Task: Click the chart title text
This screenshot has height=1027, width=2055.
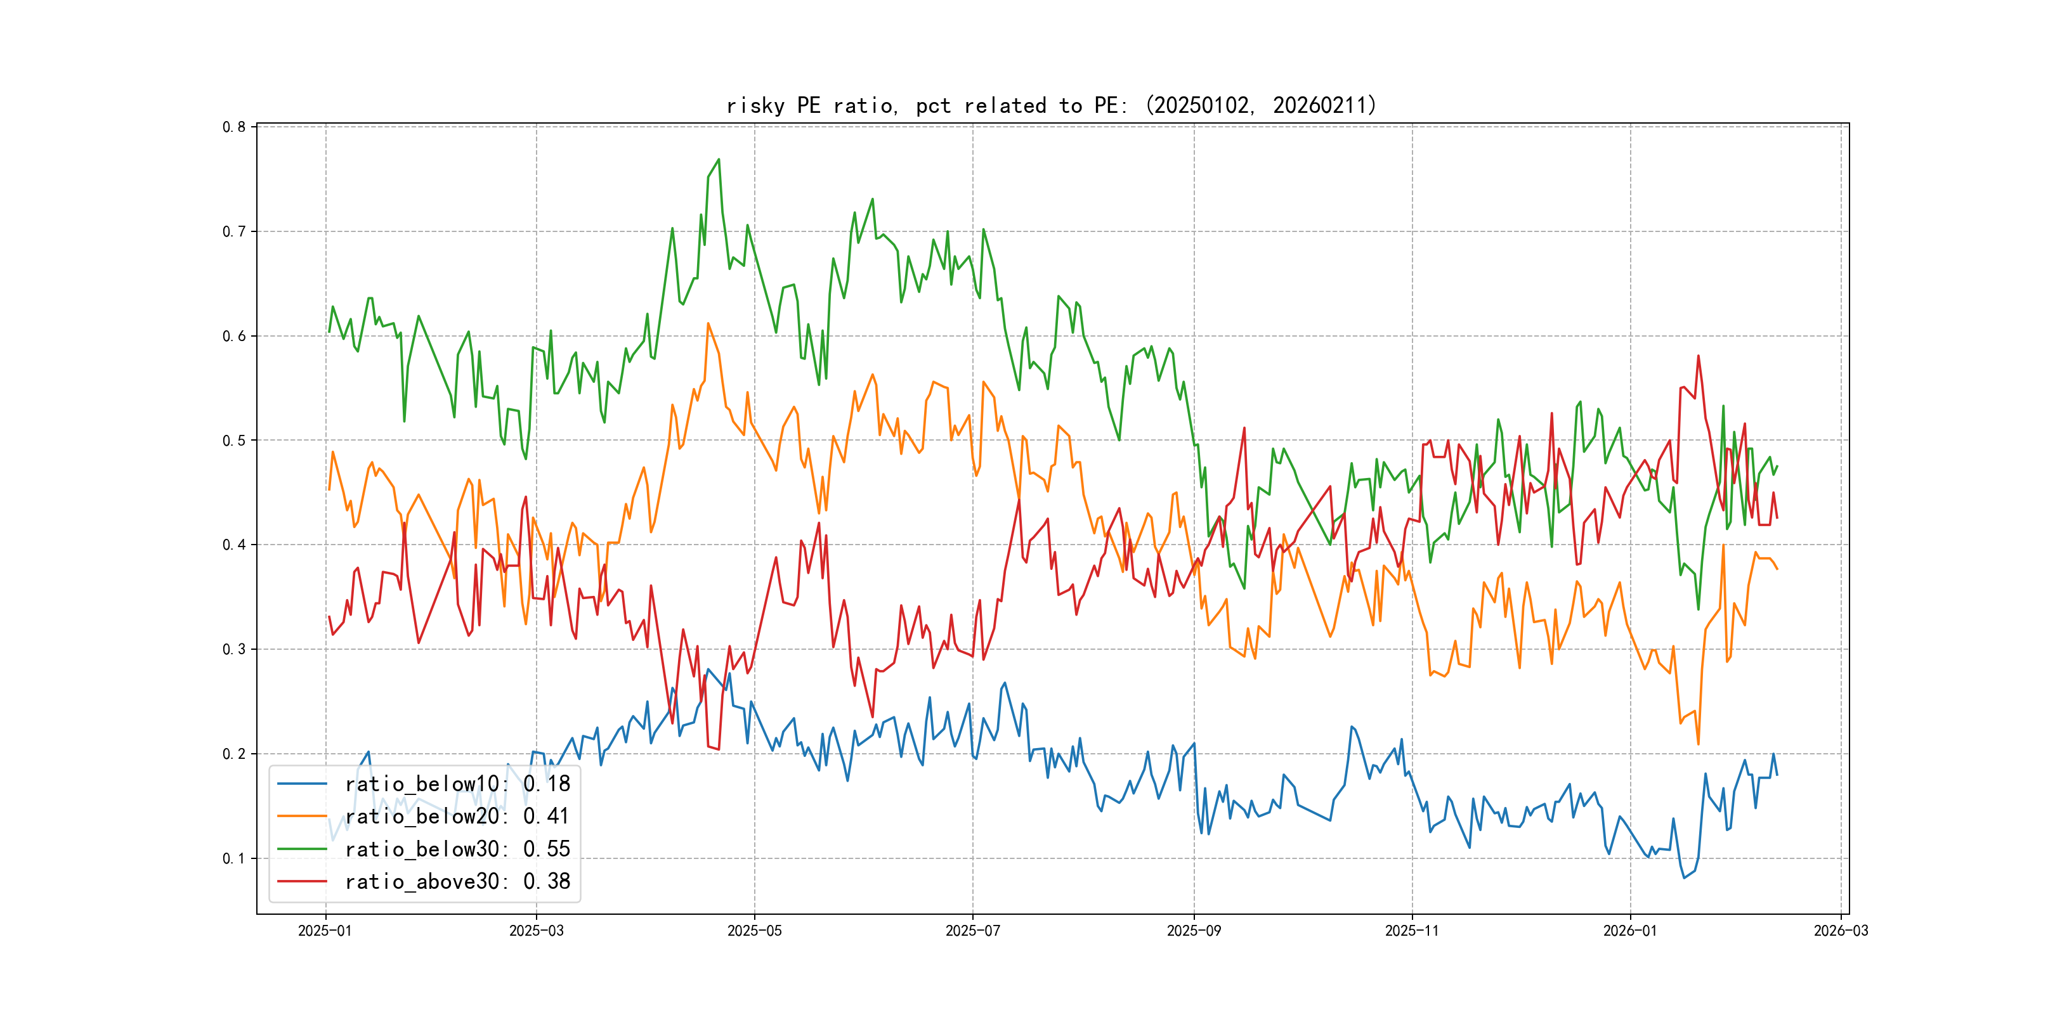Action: (x=1052, y=105)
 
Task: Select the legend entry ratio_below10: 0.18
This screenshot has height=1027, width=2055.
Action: (x=457, y=784)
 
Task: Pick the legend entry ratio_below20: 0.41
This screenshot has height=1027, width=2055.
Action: (x=457, y=817)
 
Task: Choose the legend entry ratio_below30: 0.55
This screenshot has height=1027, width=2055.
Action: (x=457, y=849)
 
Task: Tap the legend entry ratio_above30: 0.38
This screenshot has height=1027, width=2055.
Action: (x=457, y=882)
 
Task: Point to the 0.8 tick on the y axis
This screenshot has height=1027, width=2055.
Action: (x=234, y=127)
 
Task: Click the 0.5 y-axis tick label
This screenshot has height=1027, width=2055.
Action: (x=234, y=440)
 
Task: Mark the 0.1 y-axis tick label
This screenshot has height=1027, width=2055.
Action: (x=234, y=859)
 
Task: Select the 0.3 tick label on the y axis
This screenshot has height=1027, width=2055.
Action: (x=234, y=649)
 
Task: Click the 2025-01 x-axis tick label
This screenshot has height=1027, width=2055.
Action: (x=325, y=931)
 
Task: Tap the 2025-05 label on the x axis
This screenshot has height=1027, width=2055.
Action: (x=754, y=931)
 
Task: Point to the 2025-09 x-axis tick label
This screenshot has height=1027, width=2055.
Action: (x=1194, y=931)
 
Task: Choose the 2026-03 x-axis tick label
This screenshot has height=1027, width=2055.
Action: (x=1841, y=931)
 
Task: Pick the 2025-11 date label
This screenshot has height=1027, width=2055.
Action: (x=1411, y=931)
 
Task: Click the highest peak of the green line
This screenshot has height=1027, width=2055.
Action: (x=719, y=160)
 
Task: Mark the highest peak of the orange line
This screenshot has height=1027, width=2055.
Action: (x=708, y=324)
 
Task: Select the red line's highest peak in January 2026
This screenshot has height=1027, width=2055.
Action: (x=1699, y=356)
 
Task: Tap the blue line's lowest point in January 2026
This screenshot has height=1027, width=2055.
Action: (x=1684, y=878)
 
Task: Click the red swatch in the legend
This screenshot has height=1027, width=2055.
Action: (x=301, y=882)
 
